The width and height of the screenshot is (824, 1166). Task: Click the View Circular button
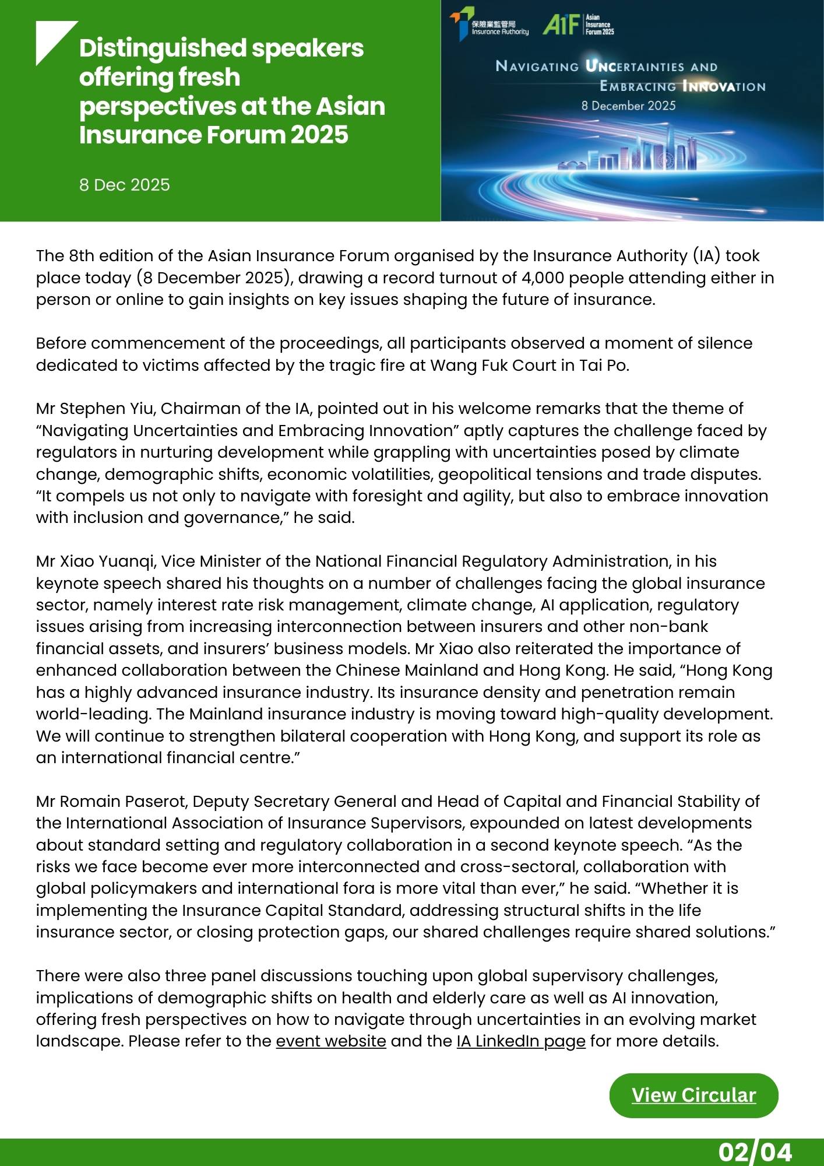(x=693, y=1095)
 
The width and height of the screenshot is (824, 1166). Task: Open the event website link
(x=330, y=1041)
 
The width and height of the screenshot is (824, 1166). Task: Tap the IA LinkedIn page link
(x=520, y=1041)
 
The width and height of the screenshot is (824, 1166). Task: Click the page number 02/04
(x=755, y=1152)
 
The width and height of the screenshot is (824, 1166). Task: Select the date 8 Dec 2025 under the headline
(x=125, y=185)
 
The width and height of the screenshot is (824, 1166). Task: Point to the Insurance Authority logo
(x=490, y=24)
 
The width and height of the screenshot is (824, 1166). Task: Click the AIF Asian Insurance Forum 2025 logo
(x=578, y=24)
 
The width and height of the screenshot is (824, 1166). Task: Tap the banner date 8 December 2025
(x=628, y=106)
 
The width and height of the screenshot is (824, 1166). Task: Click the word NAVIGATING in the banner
(x=537, y=66)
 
